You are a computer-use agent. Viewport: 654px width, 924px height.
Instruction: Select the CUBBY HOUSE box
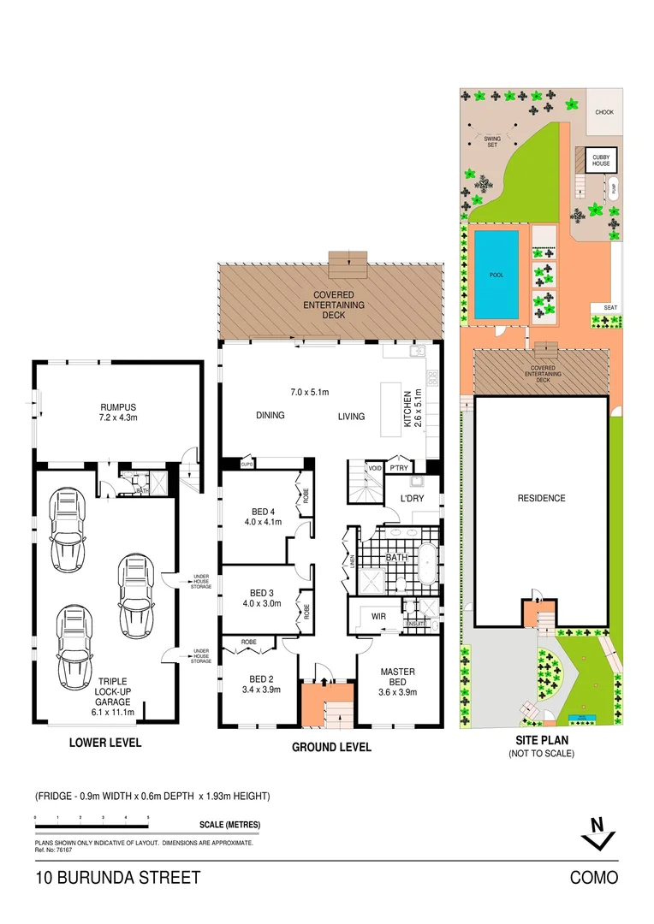[x=598, y=160]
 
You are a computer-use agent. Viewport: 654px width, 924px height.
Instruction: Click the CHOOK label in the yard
[x=604, y=112]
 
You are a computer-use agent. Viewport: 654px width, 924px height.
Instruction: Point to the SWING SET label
[x=491, y=141]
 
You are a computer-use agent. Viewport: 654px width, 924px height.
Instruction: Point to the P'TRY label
[x=399, y=468]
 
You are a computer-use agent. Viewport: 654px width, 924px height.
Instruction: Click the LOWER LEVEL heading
[x=104, y=743]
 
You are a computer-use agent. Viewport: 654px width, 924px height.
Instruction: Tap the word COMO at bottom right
[x=593, y=878]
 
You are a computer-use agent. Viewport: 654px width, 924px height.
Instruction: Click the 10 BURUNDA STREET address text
[x=118, y=878]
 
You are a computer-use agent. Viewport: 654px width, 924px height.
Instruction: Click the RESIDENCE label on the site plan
[x=541, y=498]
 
